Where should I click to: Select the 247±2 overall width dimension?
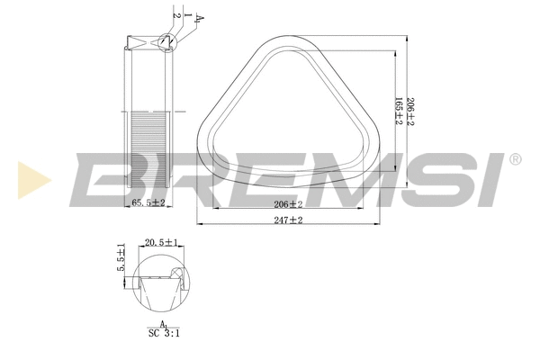(x=287, y=219)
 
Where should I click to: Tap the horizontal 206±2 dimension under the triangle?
(x=287, y=204)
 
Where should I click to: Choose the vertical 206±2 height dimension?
(x=410, y=111)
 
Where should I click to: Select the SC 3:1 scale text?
(x=163, y=332)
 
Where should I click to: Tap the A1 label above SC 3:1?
(x=163, y=322)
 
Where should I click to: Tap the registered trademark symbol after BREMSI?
(x=514, y=159)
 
